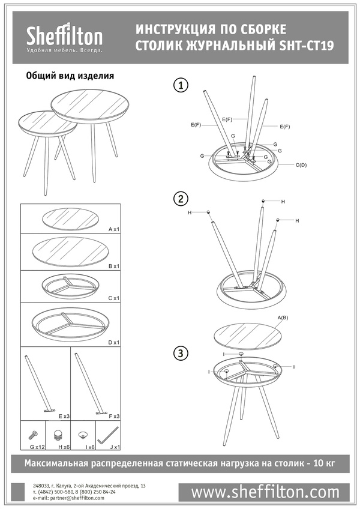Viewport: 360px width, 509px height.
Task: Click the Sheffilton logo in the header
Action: pyautogui.click(x=64, y=37)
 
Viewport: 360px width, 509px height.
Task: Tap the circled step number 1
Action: pyautogui.click(x=181, y=86)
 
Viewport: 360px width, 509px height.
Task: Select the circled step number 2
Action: pyautogui.click(x=181, y=199)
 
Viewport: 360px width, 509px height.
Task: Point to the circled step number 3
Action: pyautogui.click(x=181, y=353)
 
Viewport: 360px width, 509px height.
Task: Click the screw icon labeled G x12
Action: pyautogui.click(x=33, y=434)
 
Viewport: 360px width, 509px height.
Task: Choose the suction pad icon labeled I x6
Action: pyautogui.click(x=83, y=434)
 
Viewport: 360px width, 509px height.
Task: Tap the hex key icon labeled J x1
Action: pyautogui.click(x=108, y=435)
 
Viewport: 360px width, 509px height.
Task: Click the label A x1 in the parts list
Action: pyautogui.click(x=114, y=229)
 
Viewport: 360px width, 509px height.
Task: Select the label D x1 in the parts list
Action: pyautogui.click(x=114, y=343)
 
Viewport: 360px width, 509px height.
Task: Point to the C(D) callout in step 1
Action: pyautogui.click(x=301, y=165)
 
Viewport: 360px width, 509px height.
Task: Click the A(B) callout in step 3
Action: pyautogui.click(x=283, y=318)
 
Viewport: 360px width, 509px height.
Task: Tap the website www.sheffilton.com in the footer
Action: pyautogui.click(x=265, y=492)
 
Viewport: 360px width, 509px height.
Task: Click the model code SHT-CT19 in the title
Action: pyautogui.click(x=307, y=46)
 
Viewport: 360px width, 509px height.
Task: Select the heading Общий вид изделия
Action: pyautogui.click(x=70, y=76)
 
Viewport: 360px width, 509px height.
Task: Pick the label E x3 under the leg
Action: pyautogui.click(x=64, y=416)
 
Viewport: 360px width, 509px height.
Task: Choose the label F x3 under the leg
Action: pyautogui.click(x=114, y=416)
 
